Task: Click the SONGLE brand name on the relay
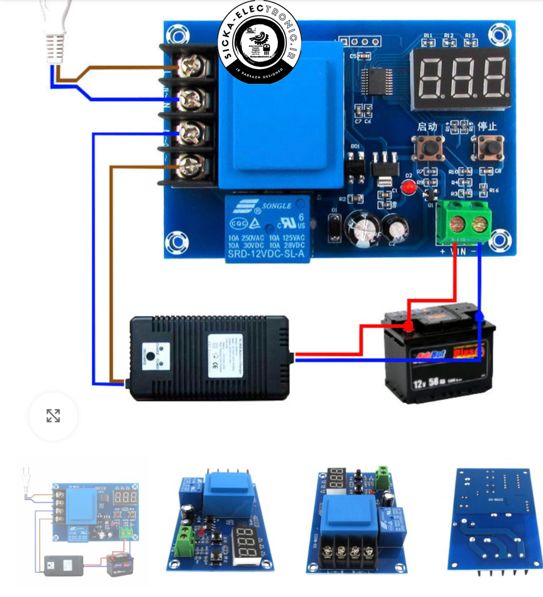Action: click(277, 206)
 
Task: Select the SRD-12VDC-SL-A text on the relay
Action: click(266, 254)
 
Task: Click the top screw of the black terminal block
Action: click(191, 67)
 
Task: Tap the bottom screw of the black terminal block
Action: click(191, 166)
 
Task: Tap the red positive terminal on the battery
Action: click(408, 326)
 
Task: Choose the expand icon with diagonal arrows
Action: click(53, 416)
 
